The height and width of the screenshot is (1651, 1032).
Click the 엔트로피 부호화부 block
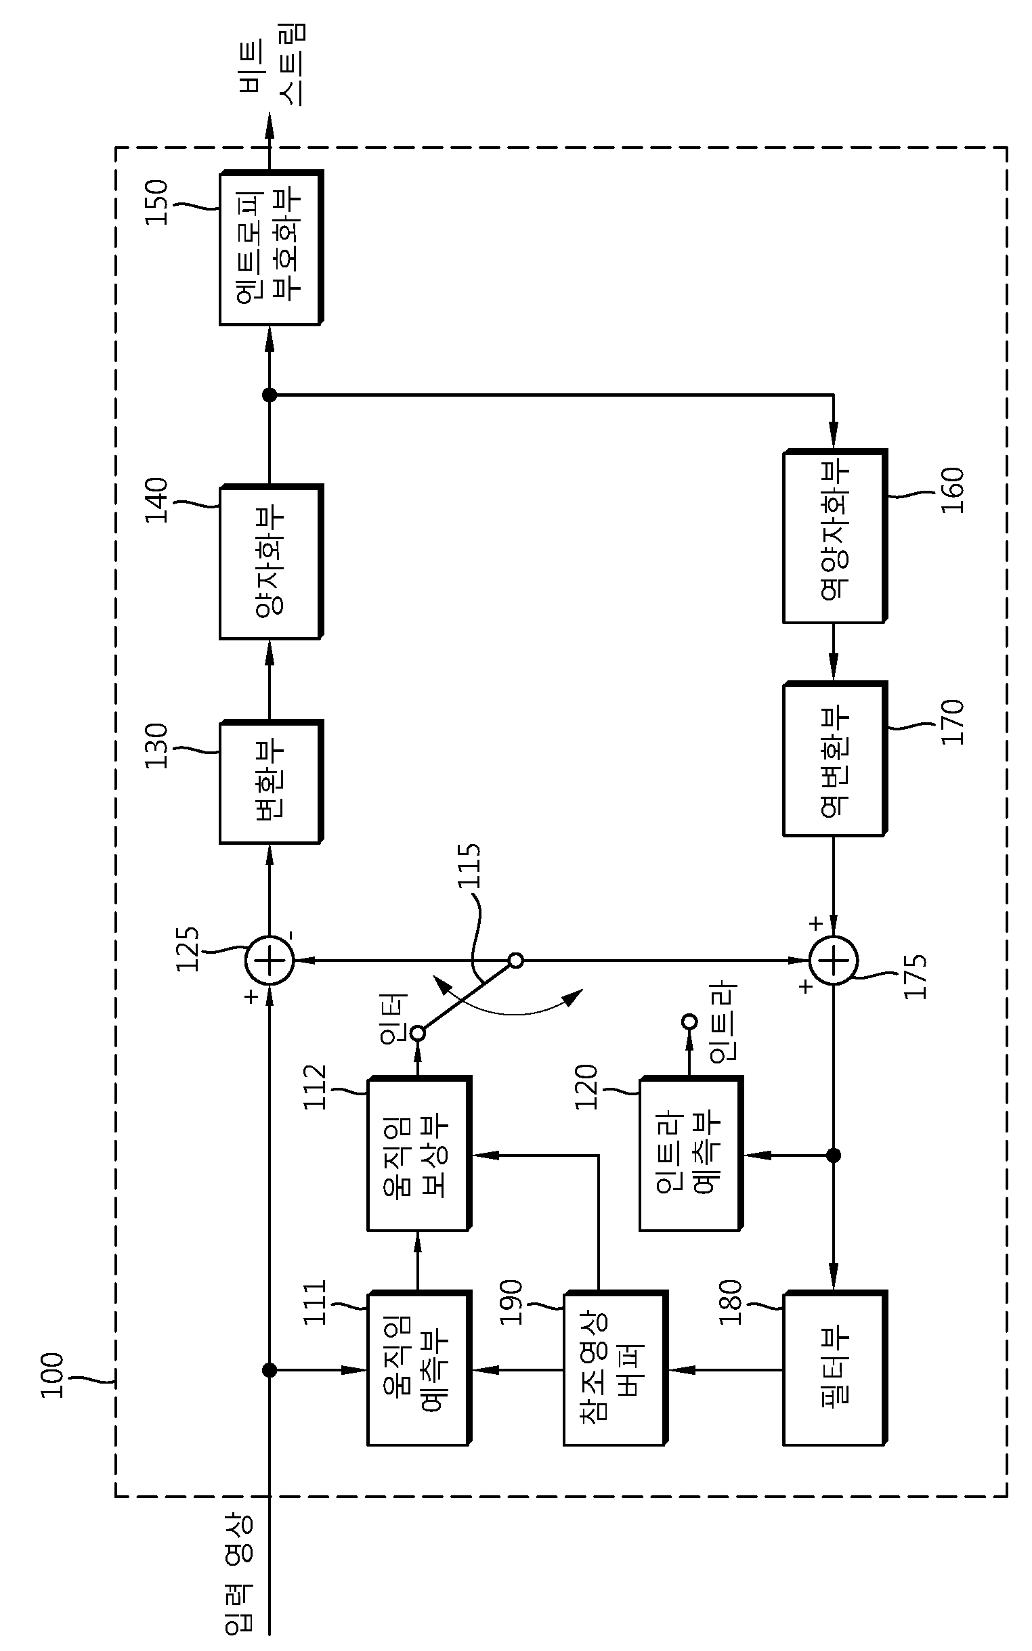pyautogui.click(x=271, y=248)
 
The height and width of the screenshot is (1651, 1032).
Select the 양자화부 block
pyautogui.click(x=271, y=561)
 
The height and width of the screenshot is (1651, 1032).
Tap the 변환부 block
pyautogui.click(x=271, y=782)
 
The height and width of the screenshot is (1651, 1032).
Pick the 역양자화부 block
pyautogui.click(x=835, y=536)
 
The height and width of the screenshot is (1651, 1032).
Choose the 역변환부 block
pyautogui.click(x=835, y=759)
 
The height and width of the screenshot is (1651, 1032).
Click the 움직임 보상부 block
pyautogui.click(x=419, y=1153)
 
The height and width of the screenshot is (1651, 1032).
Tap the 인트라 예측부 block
pyautogui.click(x=691, y=1153)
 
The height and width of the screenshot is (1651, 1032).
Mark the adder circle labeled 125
pyautogui.click(x=270, y=961)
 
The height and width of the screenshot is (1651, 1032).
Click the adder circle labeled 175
pyautogui.click(x=834, y=961)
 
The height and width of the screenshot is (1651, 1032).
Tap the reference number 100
pyautogui.click(x=53, y=1375)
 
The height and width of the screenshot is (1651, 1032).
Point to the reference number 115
pyautogui.click(x=469, y=866)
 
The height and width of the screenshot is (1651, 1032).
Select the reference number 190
pyautogui.click(x=511, y=1302)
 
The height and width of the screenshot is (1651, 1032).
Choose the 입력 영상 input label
pyautogui.click(x=238, y=1579)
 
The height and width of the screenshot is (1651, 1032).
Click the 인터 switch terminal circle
pyautogui.click(x=418, y=1034)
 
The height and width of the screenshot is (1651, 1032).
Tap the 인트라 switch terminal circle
pyautogui.click(x=690, y=1021)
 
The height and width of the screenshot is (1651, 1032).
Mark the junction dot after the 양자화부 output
pyautogui.click(x=270, y=395)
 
